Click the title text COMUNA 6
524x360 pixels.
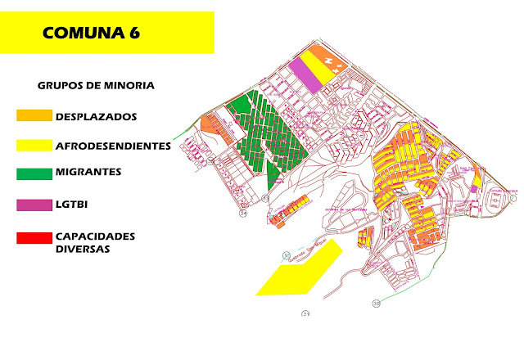tap(90, 34)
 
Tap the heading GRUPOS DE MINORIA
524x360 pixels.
tap(96, 85)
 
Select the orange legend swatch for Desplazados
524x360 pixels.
tap(34, 116)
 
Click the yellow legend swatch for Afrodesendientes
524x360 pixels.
tap(34, 146)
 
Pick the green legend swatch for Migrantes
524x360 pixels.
tap(34, 173)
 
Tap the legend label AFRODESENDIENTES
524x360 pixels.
tap(113, 146)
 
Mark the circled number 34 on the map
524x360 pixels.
tap(242, 213)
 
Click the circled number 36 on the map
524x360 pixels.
tap(376, 303)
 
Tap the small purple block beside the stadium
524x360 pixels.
tap(474, 190)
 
